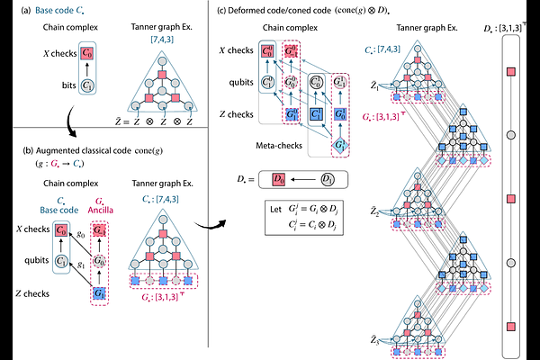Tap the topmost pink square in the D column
click(511, 70)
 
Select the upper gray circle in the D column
click(511, 134)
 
